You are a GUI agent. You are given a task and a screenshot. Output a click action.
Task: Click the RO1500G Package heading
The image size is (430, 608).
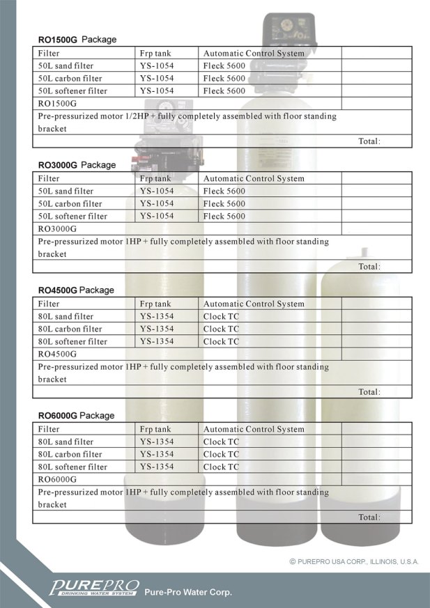(x=77, y=40)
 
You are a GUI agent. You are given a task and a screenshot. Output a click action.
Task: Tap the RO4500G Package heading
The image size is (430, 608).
(x=76, y=290)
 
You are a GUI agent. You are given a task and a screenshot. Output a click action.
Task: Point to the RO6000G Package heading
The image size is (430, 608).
(x=76, y=415)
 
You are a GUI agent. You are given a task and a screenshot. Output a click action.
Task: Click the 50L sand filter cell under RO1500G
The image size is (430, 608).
(x=66, y=65)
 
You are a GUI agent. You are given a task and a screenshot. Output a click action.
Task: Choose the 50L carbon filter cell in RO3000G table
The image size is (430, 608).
(x=70, y=203)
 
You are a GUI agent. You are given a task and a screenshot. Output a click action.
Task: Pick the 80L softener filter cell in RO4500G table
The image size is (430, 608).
(x=72, y=341)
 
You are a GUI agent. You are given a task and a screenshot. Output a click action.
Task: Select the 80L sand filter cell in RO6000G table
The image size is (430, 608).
(x=66, y=442)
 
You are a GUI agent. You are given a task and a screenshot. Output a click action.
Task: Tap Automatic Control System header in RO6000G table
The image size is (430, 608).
(x=254, y=429)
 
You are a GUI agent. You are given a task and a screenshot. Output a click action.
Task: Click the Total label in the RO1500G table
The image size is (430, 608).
(x=369, y=141)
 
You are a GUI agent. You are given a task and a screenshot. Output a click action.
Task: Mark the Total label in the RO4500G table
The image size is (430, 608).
(x=369, y=391)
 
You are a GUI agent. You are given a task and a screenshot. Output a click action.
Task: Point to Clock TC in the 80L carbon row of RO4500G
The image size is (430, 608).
(x=221, y=329)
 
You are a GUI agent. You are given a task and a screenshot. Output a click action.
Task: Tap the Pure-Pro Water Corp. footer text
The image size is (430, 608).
(x=187, y=593)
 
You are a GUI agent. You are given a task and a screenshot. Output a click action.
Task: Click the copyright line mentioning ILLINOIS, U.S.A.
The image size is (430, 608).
(x=354, y=561)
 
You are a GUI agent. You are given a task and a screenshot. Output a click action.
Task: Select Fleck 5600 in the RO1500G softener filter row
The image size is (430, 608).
(x=224, y=91)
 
